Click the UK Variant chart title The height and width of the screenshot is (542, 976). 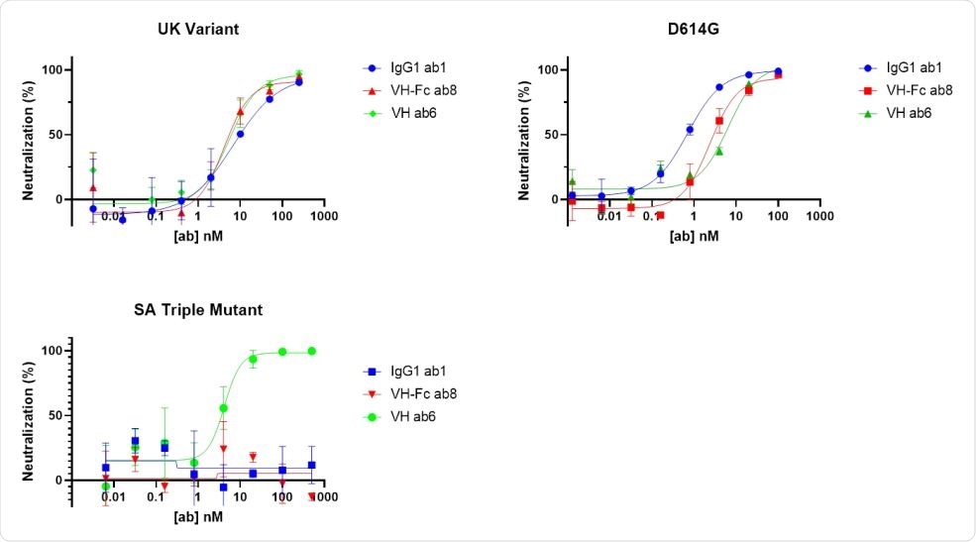coord(199,29)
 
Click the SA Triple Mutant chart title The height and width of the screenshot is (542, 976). coord(199,309)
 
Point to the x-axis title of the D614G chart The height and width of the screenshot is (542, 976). coord(696,237)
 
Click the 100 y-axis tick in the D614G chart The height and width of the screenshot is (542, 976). coord(546,70)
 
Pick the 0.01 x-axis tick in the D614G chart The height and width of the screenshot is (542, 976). coord(609,215)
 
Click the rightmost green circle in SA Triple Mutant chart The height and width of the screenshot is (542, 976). coord(312,351)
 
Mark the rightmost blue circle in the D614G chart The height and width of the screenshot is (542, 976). coord(778,71)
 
